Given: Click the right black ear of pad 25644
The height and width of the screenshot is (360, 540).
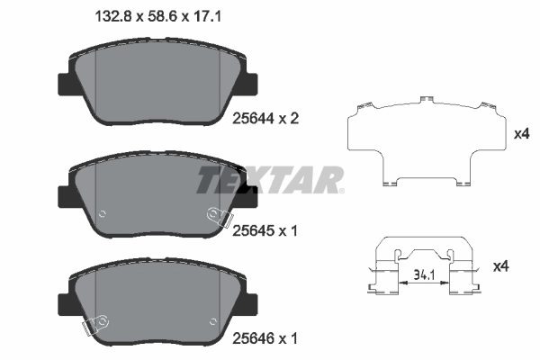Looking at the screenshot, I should [x=247, y=84].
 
